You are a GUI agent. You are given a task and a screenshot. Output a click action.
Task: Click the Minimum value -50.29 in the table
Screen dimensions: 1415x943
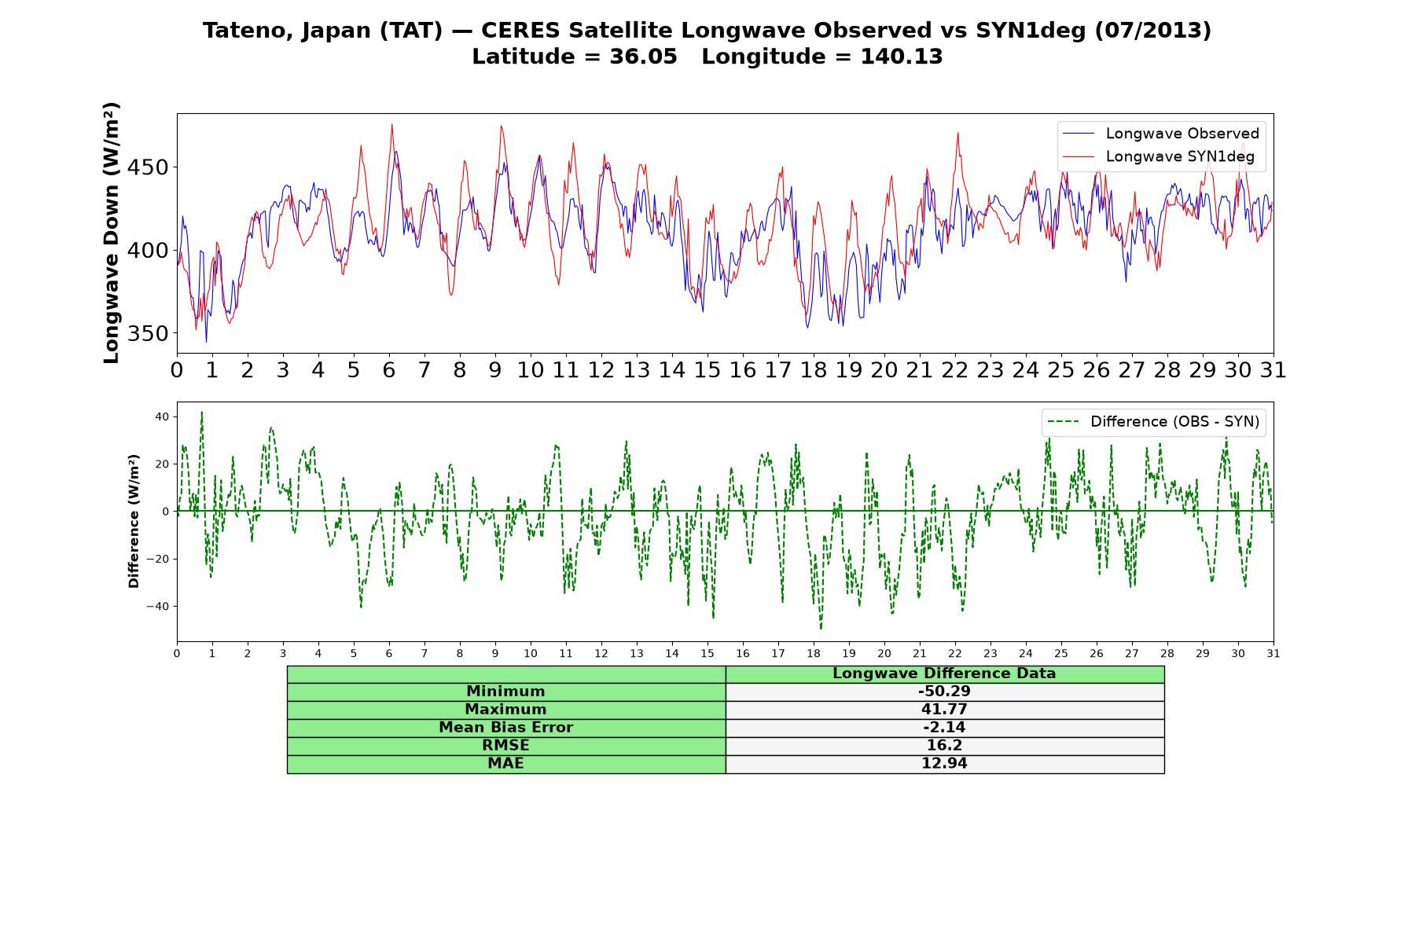click(x=944, y=692)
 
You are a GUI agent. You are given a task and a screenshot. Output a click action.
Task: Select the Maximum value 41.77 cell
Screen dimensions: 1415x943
click(x=944, y=710)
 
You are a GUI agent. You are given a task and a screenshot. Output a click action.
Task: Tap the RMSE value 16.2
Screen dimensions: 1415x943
click(x=944, y=746)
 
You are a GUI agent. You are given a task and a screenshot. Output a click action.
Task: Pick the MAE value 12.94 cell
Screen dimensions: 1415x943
click(x=944, y=764)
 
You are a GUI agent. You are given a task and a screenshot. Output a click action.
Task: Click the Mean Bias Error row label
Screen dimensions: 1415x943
click(x=505, y=728)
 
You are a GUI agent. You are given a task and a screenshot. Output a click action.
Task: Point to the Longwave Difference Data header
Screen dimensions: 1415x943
click(x=944, y=673)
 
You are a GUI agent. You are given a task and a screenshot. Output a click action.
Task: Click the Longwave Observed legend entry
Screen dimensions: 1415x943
click(x=1161, y=134)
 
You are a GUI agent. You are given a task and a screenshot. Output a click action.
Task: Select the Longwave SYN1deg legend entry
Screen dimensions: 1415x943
click(x=1159, y=156)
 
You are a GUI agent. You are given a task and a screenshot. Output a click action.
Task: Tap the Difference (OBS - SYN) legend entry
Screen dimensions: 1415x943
click(x=1153, y=422)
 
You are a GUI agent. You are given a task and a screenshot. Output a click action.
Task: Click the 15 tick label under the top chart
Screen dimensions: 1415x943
click(x=707, y=370)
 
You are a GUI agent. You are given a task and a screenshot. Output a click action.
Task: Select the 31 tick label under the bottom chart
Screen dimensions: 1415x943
click(x=1273, y=653)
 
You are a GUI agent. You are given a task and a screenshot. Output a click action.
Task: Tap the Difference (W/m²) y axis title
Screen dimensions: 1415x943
click(x=134, y=521)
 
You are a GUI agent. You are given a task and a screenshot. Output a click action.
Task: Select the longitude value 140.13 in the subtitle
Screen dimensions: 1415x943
click(x=902, y=57)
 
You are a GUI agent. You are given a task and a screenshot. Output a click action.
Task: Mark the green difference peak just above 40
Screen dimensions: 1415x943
click(x=201, y=412)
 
